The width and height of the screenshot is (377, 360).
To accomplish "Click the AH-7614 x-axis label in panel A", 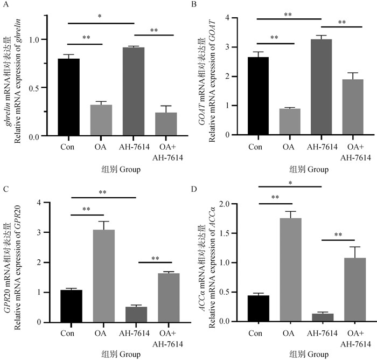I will click(134, 147).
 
